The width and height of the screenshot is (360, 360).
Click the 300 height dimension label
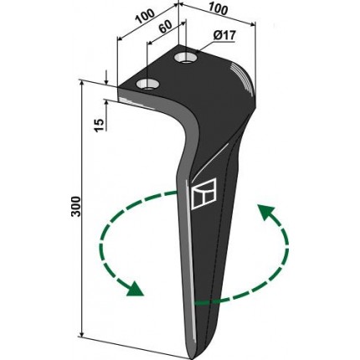click(76, 207)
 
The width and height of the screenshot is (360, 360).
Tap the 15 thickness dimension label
click(99, 125)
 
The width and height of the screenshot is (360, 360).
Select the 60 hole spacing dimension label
click(166, 27)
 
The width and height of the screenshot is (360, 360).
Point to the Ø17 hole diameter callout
click(224, 35)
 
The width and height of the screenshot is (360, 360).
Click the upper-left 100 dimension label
click(145, 17)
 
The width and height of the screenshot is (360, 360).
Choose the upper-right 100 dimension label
click(218, 9)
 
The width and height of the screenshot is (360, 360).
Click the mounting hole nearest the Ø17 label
click(185, 58)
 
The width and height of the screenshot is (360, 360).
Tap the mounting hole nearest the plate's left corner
click(147, 84)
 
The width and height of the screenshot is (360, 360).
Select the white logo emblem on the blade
click(204, 194)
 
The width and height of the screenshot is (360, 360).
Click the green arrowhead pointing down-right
click(135, 289)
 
